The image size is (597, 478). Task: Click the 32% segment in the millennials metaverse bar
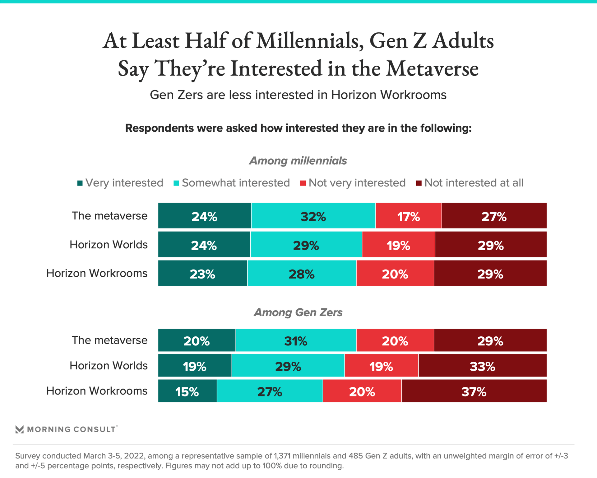pos(313,216)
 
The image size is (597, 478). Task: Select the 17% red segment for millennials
pos(409,216)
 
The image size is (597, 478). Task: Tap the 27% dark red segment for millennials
pos(494,216)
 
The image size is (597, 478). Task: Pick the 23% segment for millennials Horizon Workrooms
pos(202,274)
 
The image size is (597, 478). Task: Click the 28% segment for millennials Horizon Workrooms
pos(302,274)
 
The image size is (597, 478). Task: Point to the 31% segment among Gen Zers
pos(296,340)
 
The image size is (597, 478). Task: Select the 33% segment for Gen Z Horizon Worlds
pos(482,366)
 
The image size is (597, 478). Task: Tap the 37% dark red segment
pos(474,391)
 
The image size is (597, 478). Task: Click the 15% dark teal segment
pos(187,391)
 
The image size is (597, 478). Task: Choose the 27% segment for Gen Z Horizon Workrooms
pos(270,391)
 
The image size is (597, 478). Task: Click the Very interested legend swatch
pos(80,183)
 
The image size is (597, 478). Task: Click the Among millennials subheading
pos(298,161)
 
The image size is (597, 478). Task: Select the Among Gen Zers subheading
pos(298,312)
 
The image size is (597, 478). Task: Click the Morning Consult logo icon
pos(20,429)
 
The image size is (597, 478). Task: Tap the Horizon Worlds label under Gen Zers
pos(109,366)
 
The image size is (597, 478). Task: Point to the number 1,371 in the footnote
pos(282,456)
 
